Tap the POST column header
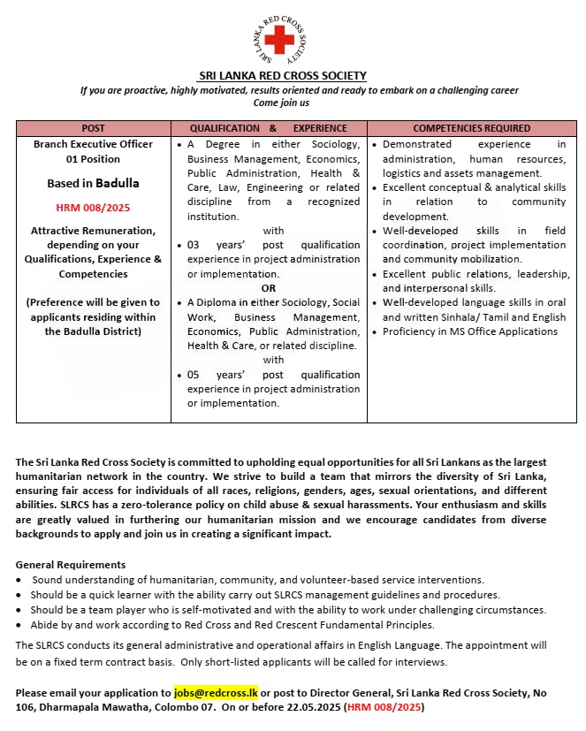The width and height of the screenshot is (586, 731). click(93, 128)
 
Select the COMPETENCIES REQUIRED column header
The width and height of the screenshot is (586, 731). click(472, 128)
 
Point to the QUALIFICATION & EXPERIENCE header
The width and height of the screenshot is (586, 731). click(269, 128)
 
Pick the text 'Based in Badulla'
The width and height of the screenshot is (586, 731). click(93, 184)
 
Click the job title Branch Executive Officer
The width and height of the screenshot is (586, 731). click(93, 144)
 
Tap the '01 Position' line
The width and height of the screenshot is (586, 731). click(93, 159)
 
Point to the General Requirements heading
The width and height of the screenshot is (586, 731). click(71, 565)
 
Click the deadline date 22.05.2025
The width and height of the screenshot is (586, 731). click(370, 707)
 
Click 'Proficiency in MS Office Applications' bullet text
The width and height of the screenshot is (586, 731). click(470, 331)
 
